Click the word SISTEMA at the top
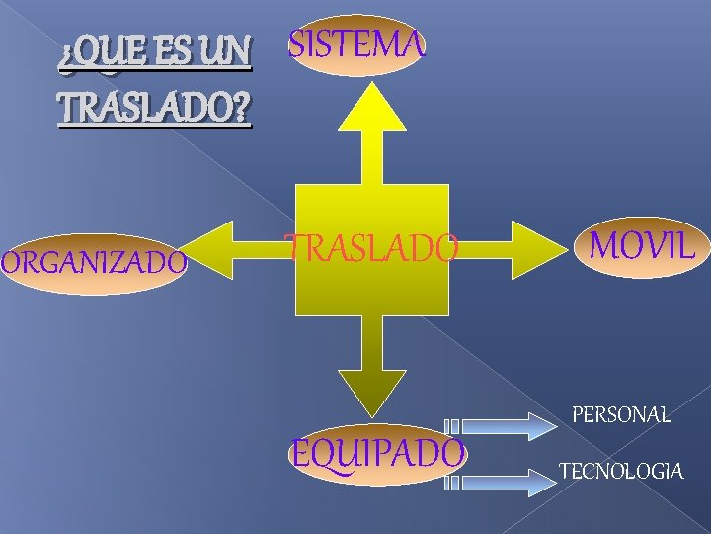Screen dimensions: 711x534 [x=356, y=44]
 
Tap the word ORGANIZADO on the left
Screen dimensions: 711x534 [x=93, y=263]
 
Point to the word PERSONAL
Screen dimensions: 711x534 [x=621, y=414]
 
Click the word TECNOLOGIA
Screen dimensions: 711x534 [x=620, y=471]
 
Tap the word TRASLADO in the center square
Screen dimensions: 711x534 [x=372, y=247]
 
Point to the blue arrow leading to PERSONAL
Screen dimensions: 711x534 [x=504, y=425]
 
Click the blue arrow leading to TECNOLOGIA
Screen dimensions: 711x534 [x=504, y=483]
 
